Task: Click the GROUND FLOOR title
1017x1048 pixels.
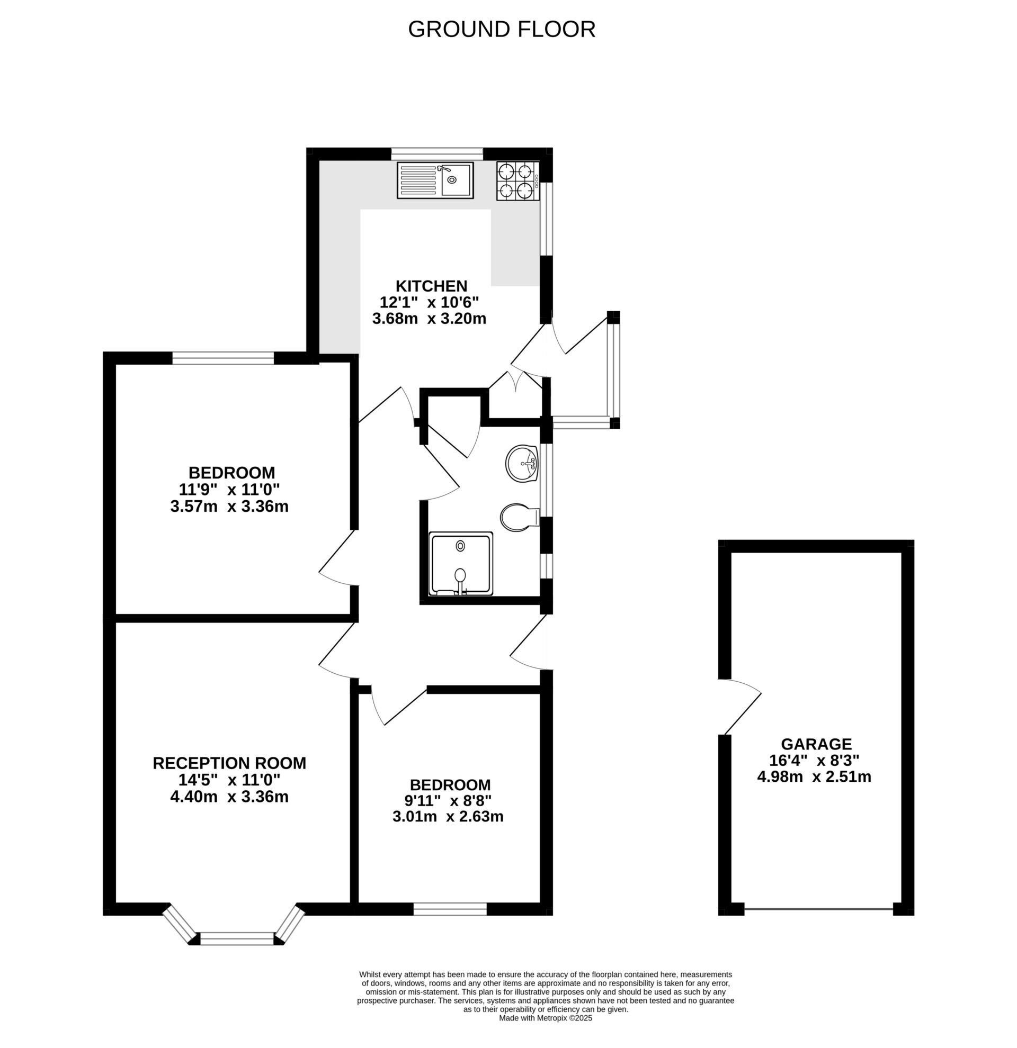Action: tap(501, 29)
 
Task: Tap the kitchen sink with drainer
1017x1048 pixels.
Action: tap(435, 180)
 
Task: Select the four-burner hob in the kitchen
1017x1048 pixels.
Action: tap(517, 180)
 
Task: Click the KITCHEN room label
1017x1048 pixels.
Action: tap(431, 285)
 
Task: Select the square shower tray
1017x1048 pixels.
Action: tap(461, 564)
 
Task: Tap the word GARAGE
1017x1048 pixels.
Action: tap(816, 744)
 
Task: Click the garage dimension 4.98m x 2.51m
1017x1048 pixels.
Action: tap(814, 777)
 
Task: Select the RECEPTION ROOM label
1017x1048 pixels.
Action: tap(229, 763)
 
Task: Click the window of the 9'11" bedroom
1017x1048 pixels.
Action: tap(450, 909)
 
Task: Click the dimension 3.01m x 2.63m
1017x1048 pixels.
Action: tap(448, 817)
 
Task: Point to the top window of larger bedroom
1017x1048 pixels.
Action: tap(223, 358)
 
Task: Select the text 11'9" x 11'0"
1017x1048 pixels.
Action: tap(229, 489)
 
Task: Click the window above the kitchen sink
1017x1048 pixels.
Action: tap(436, 154)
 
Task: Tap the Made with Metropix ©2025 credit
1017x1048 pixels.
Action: tap(545, 1018)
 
